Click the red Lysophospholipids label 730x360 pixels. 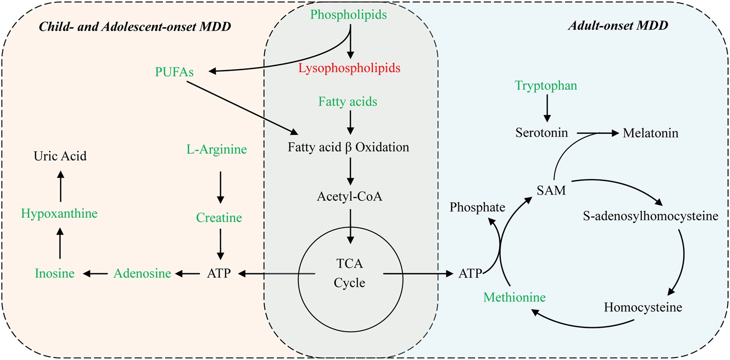tap(350, 68)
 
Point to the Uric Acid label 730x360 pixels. tap(60, 156)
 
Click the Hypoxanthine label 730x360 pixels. tap(60, 214)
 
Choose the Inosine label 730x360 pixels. tap(55, 274)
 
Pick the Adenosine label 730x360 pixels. tap(142, 274)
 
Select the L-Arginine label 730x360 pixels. tap(217, 150)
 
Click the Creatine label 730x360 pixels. tap(219, 218)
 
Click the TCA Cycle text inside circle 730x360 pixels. tap(350, 274)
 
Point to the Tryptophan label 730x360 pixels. tap(547, 86)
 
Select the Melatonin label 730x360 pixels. tap(651, 132)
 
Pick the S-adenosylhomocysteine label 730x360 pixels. tap(650, 216)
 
